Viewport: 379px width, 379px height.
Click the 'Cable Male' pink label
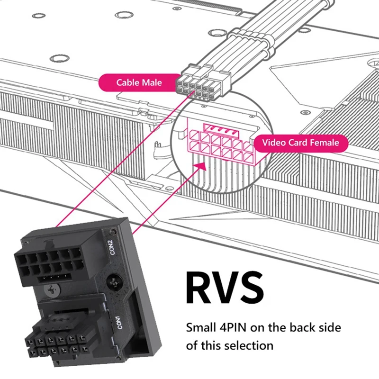139,82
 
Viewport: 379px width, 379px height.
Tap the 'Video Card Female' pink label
301,142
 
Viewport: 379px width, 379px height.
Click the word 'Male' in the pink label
152,82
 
